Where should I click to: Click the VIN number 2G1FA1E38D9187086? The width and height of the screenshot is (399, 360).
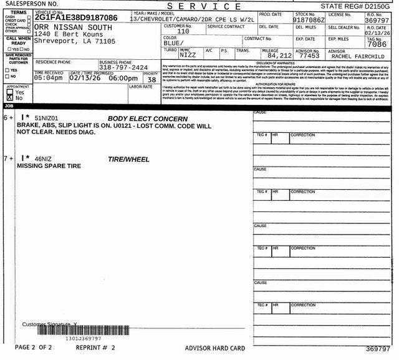click(x=75, y=17)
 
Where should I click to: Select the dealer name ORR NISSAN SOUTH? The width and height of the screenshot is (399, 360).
click(x=74, y=28)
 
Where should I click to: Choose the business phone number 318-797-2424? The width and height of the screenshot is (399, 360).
click(x=123, y=67)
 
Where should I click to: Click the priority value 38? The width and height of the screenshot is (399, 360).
click(x=151, y=79)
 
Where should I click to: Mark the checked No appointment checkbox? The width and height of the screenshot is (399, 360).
click(x=9, y=98)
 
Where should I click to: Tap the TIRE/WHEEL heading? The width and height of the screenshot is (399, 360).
click(x=129, y=160)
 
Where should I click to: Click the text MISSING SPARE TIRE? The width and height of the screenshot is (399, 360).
click(x=49, y=167)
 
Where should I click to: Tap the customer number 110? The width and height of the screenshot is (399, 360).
click(x=183, y=31)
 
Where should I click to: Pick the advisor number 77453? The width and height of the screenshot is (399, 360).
click(x=309, y=56)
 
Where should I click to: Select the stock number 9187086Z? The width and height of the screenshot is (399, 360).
click(x=308, y=20)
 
